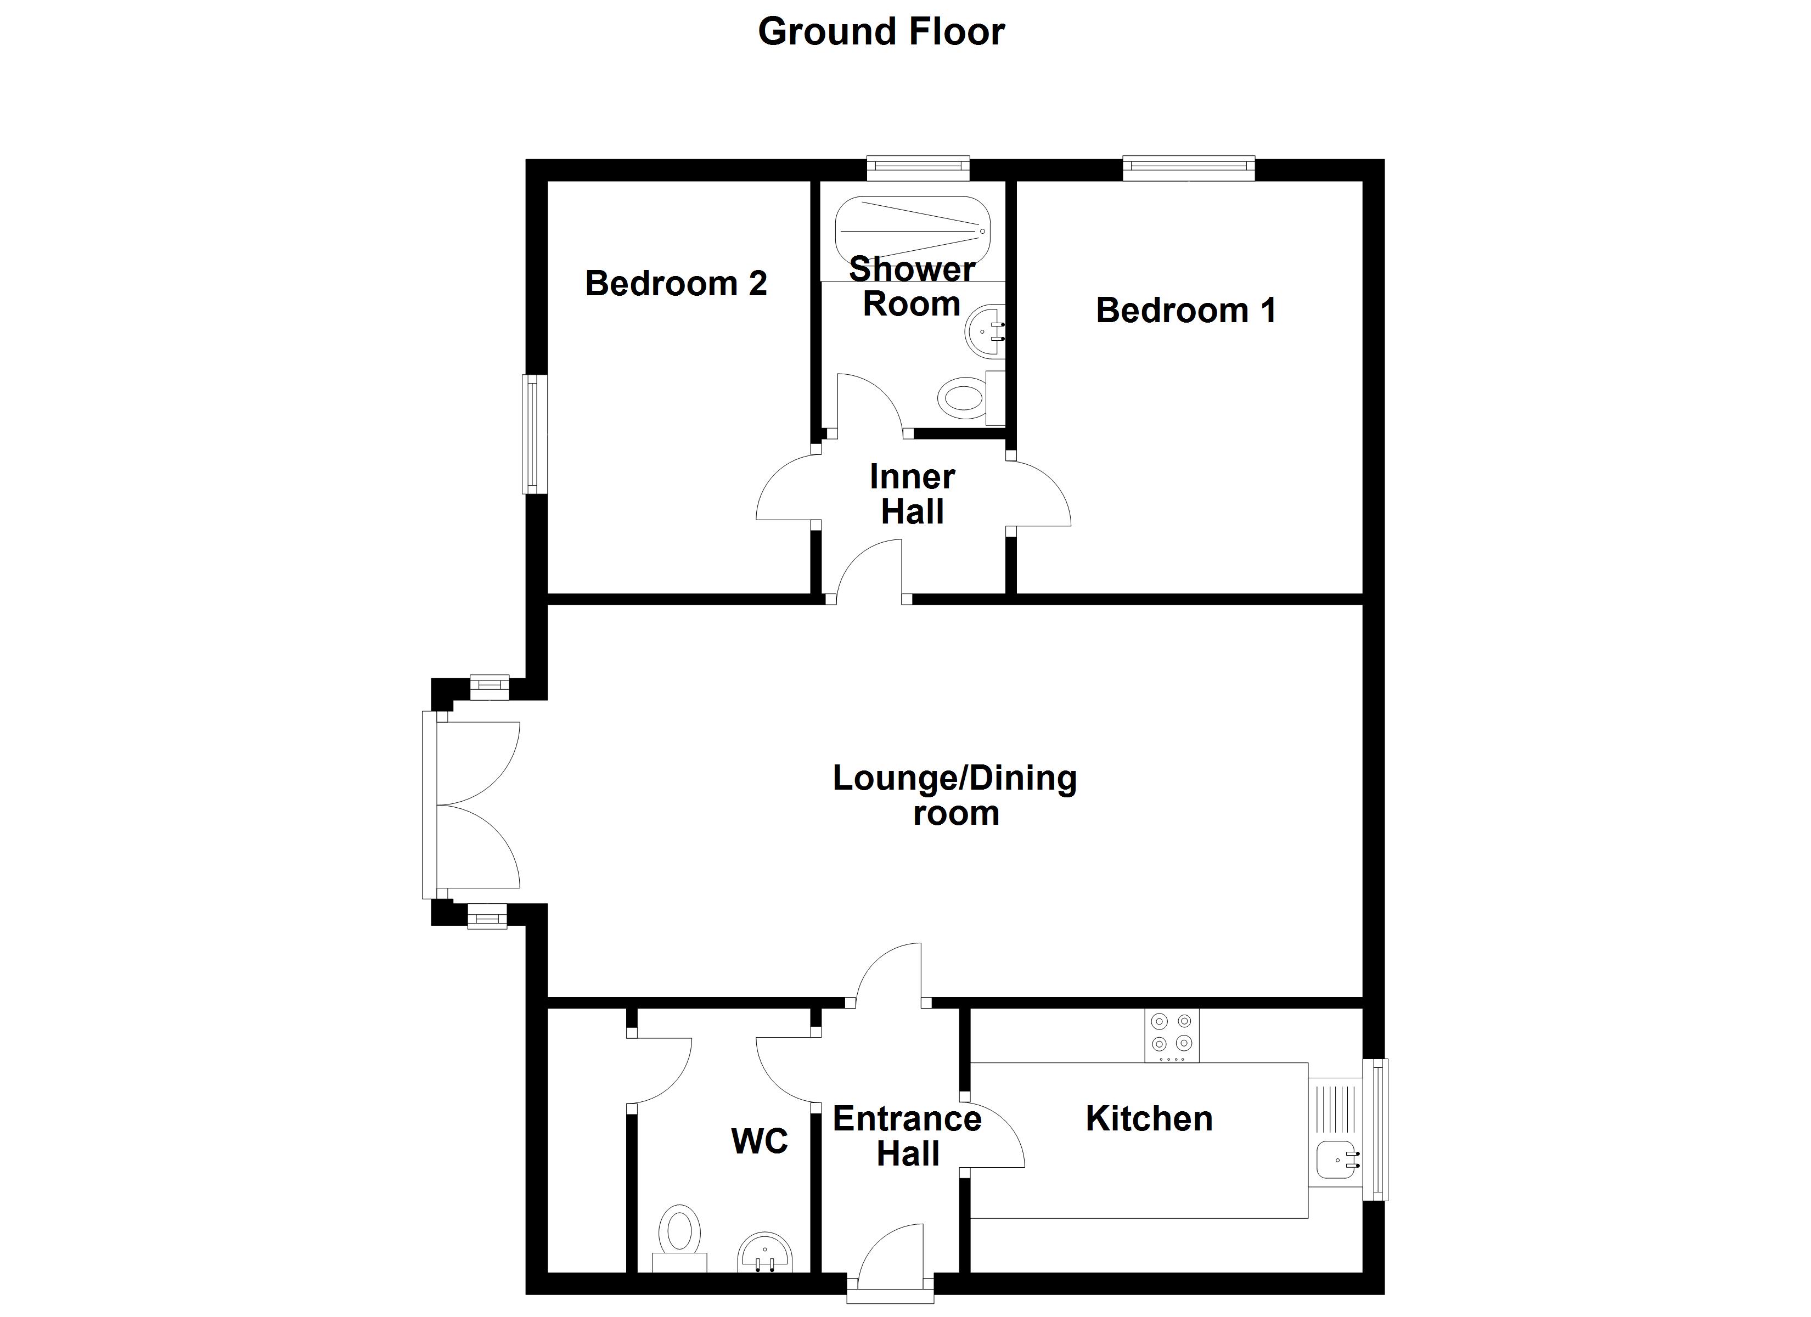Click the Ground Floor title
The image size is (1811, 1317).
pyautogui.click(x=881, y=32)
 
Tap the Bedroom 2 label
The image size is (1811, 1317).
pyautogui.click(x=676, y=284)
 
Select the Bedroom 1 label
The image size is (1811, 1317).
pyautogui.click(x=1186, y=310)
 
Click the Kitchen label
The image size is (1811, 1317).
pyautogui.click(x=1149, y=1118)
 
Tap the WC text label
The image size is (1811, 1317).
pyautogui.click(x=760, y=1141)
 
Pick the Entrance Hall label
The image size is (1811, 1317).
pyautogui.click(x=907, y=1136)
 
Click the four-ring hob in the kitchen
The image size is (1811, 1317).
pyautogui.click(x=1172, y=1036)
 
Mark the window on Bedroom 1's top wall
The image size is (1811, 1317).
pyautogui.click(x=1189, y=168)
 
